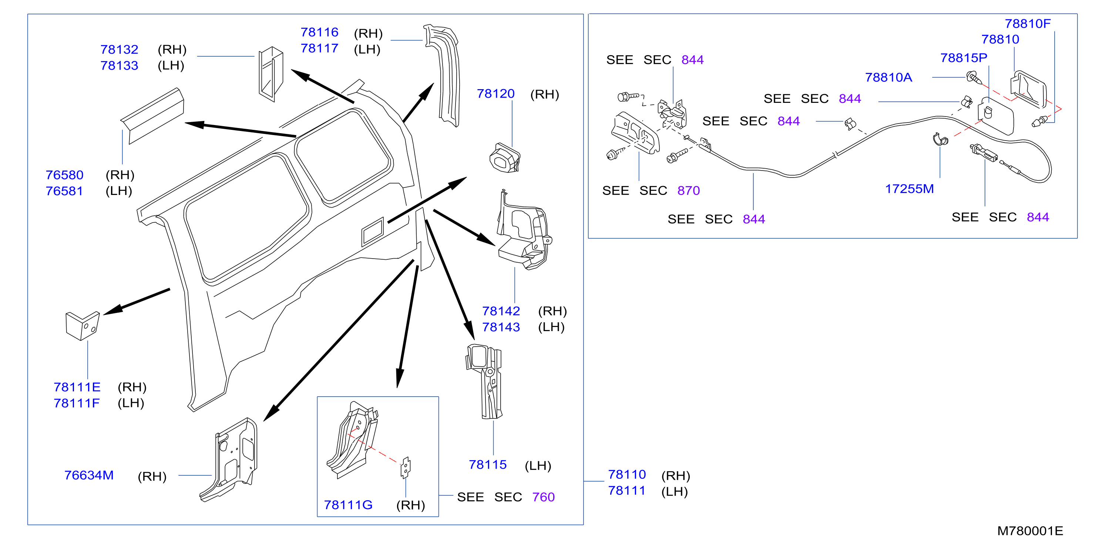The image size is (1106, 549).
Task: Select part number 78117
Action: [319, 48]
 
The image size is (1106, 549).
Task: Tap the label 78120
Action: [496, 94]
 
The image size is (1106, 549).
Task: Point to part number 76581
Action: [64, 191]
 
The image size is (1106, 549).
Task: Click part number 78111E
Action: [77, 387]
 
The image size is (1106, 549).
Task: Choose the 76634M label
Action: [89, 475]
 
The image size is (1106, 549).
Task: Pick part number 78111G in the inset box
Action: [348, 505]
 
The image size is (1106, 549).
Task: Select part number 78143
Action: [501, 327]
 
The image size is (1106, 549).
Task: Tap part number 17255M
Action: [910, 189]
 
